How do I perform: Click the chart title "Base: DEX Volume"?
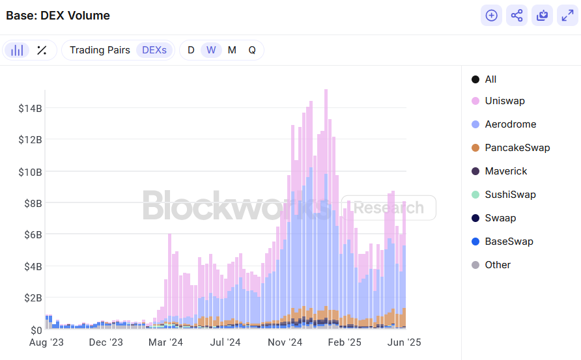[58, 16]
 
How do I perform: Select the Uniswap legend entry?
[504, 101]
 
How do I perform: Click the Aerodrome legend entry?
[510, 124]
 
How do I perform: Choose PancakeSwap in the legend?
[517, 148]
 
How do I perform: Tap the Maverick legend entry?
[505, 171]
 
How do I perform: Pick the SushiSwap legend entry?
[510, 195]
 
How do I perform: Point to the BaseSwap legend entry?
[509, 242]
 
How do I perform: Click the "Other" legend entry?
[497, 265]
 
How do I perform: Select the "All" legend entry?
[490, 79]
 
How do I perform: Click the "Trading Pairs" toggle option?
[100, 50]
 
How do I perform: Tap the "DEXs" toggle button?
[154, 50]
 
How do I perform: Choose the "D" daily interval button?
[191, 50]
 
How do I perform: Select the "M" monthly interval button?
[232, 50]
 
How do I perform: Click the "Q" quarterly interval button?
[252, 50]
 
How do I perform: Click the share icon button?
[517, 16]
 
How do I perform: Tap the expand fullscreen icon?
[567, 16]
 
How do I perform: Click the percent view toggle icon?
[42, 50]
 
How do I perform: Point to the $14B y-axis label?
[31, 108]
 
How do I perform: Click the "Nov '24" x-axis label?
[285, 342]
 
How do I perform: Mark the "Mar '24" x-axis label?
[165, 342]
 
